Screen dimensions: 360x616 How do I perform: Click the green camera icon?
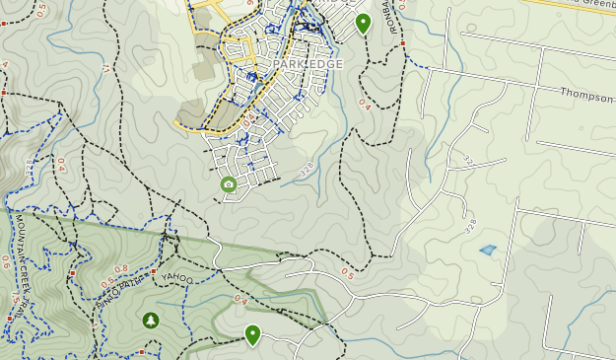[x=229, y=184]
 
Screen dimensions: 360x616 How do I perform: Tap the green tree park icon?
[x=150, y=320]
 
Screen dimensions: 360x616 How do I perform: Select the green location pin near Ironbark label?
[x=363, y=22]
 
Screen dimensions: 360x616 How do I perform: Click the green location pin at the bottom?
[x=252, y=334]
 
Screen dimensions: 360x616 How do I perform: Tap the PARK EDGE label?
[x=308, y=64]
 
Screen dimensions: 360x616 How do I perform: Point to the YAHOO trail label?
[x=177, y=279]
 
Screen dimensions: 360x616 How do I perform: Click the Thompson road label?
[x=587, y=94]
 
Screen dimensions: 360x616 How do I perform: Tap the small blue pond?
[x=488, y=251]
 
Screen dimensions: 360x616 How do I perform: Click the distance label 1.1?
[x=104, y=68]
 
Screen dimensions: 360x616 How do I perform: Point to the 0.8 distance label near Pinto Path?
[x=120, y=269]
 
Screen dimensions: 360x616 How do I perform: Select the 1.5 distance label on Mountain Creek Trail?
[x=15, y=296]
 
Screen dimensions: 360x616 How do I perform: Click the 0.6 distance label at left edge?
[x=6, y=261]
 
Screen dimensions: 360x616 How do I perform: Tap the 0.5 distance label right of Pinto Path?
[x=347, y=273]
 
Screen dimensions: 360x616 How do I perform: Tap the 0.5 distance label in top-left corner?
[x=39, y=9]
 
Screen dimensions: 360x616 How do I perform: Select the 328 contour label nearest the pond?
[x=470, y=226]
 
